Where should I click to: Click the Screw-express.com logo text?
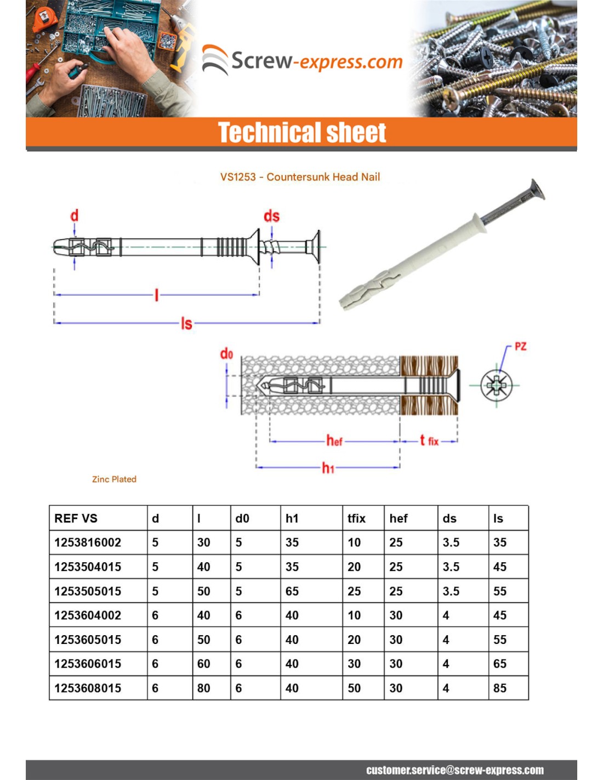click(316, 61)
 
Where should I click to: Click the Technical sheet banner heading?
click(302, 133)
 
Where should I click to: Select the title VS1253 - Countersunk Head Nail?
click(300, 177)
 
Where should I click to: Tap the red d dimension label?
click(75, 215)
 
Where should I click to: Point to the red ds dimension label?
click(271, 216)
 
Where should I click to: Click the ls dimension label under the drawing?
click(186, 324)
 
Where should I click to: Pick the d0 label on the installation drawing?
click(226, 354)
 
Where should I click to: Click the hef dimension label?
click(334, 440)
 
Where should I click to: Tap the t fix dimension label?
click(429, 440)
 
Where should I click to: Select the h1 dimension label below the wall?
click(328, 468)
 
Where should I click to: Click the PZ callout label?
click(520, 347)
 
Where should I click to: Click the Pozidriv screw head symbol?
click(497, 385)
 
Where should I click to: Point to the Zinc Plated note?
click(114, 479)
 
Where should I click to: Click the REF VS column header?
click(76, 518)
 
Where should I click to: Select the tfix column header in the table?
click(356, 518)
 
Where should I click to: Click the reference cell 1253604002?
click(88, 615)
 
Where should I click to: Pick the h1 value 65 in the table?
click(292, 591)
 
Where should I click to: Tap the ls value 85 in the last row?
click(499, 688)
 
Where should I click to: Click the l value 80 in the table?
click(203, 688)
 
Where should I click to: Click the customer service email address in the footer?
click(455, 770)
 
